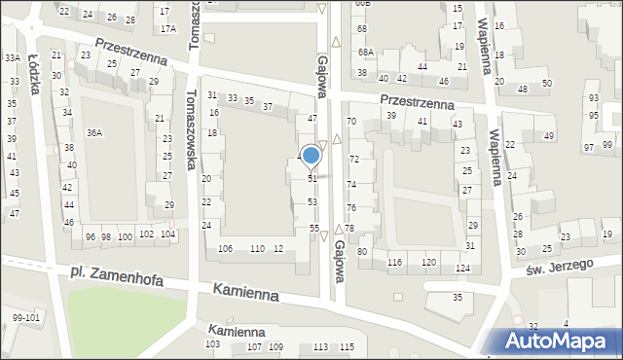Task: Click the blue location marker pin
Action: [x=311, y=156]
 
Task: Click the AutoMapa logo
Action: [x=559, y=342]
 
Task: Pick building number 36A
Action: [x=94, y=132]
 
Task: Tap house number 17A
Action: [x=168, y=29]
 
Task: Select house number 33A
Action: [x=12, y=58]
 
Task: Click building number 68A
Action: [x=365, y=53]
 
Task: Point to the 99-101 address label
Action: [x=26, y=318]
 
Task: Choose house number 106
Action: [x=225, y=249]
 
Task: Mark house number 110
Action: [x=257, y=249]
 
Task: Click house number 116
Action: [x=394, y=264]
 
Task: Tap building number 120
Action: [x=428, y=264]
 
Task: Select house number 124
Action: [x=462, y=269]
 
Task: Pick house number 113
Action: [x=319, y=347]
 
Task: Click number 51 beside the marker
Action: [x=312, y=179]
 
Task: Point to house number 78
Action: [x=349, y=228]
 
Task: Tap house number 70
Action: [x=351, y=122]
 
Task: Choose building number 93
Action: [x=593, y=98]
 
